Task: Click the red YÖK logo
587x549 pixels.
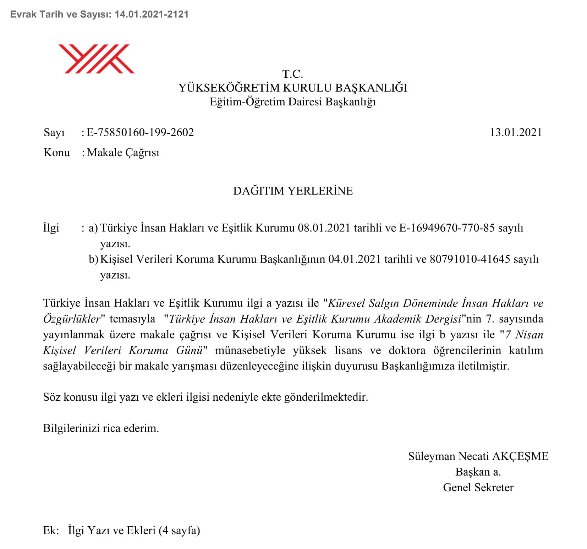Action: point(96,59)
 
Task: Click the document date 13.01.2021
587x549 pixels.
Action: point(516,132)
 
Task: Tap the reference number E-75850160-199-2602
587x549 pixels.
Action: point(140,132)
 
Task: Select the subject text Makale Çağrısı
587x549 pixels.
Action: point(123,153)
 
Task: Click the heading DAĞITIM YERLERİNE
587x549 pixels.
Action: point(293,191)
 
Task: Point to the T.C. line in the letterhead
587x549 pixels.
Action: point(292,74)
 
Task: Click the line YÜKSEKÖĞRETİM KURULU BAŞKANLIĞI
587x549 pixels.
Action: point(293,88)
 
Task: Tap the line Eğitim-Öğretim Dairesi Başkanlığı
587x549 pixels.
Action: point(292,102)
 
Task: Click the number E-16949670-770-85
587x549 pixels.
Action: point(447,228)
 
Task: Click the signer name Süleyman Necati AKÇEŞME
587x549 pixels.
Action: point(478,456)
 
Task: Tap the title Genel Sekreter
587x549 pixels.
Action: point(478,487)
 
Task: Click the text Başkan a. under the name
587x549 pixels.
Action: point(478,472)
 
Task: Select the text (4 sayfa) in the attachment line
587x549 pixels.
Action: point(179,530)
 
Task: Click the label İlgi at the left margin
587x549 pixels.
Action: point(51,228)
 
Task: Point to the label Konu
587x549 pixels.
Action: point(57,153)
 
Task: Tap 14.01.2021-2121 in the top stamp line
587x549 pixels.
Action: point(152,14)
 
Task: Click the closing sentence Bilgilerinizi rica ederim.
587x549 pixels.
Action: point(101,428)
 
